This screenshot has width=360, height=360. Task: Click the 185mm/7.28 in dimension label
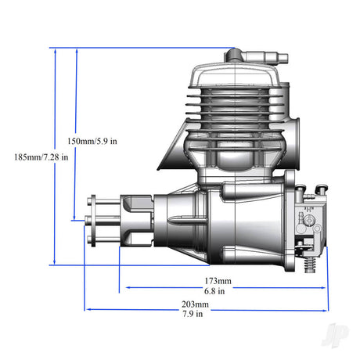click(x=41, y=157)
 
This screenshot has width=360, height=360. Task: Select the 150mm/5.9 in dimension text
click(x=92, y=141)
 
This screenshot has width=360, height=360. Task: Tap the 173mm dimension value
click(x=218, y=281)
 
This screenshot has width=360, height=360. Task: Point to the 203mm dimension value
click(x=195, y=304)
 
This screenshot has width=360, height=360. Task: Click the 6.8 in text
click(x=214, y=291)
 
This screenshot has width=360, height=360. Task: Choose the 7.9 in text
click(x=193, y=314)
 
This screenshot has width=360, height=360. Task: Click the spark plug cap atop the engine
click(x=257, y=56)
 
